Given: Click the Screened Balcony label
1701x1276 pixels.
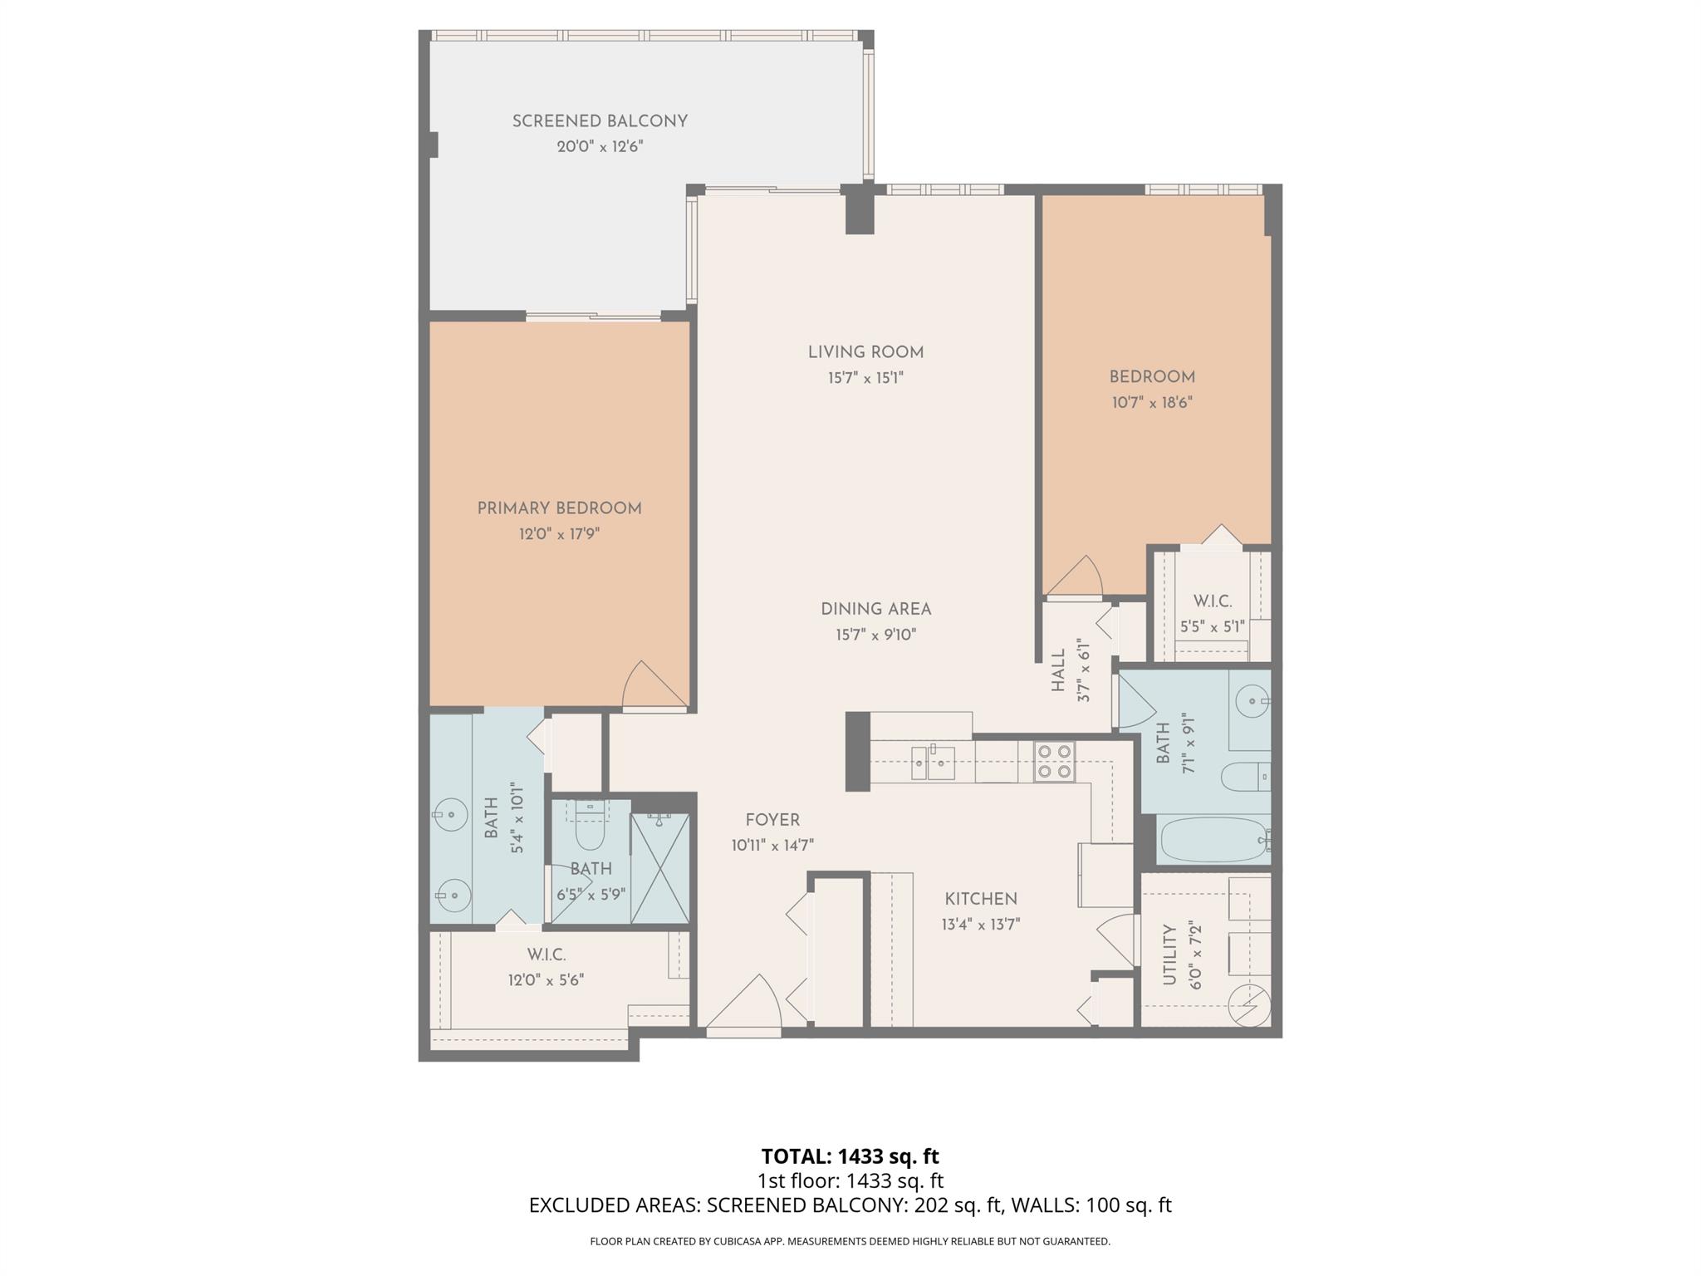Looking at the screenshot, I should (600, 121).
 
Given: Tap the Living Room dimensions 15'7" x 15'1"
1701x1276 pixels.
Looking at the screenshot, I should (865, 378).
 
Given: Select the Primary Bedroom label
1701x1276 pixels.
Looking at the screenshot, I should (559, 508).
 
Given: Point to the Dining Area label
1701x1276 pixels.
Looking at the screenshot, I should (875, 609).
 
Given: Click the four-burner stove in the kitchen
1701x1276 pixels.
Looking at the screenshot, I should (1054, 762).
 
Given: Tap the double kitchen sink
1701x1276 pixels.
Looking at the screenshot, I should (932, 762).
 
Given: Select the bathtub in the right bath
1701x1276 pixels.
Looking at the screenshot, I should (1213, 841).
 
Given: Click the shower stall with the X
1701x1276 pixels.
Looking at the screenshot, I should (659, 868).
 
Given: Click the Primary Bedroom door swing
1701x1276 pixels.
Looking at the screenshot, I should (654, 686).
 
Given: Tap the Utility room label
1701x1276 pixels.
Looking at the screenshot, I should (1169, 955).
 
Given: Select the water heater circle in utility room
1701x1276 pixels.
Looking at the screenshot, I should (1248, 1004).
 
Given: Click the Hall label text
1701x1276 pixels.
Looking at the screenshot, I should (1058, 670).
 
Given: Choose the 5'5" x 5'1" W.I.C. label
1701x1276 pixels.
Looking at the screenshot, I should (1212, 601).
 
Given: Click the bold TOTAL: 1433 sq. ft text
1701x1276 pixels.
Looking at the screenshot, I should (850, 1156).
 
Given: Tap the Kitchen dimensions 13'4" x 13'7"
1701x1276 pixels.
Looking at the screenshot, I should (980, 924).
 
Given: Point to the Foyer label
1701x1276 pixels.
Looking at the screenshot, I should (772, 820).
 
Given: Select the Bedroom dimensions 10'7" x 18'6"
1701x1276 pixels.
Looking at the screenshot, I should (1152, 403).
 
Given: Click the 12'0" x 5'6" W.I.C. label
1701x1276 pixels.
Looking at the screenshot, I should (546, 955).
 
